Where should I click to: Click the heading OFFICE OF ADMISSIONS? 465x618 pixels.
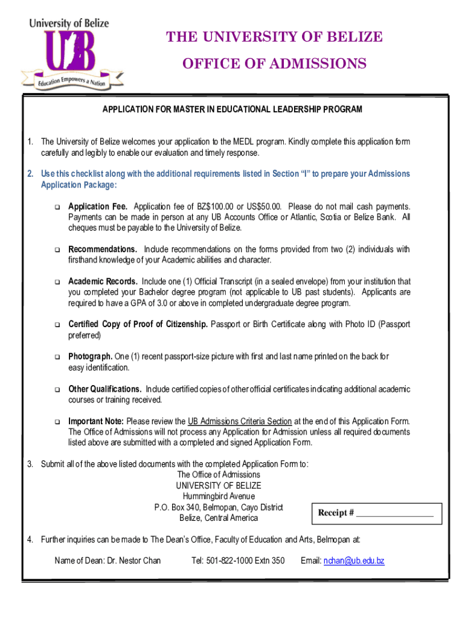click(274, 63)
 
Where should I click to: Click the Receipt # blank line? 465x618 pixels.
click(394, 513)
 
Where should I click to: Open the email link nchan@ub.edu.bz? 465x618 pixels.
click(354, 561)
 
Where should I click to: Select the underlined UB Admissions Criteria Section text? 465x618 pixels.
click(240, 421)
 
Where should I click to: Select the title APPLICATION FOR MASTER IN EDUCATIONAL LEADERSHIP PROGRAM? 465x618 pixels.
click(232, 109)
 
